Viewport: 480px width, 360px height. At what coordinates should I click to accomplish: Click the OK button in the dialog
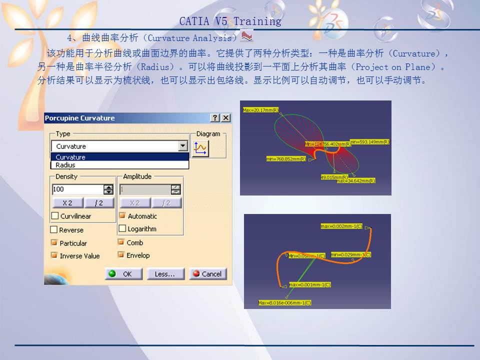(x=123, y=274)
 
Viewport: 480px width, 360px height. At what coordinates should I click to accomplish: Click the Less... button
(x=164, y=274)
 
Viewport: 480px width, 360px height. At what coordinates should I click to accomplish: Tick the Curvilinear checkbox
(x=55, y=216)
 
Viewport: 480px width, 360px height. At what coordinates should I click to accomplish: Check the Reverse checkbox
(x=54, y=230)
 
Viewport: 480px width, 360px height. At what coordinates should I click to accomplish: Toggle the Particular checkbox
(x=54, y=243)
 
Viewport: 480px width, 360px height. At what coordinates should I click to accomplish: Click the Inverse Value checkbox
(x=54, y=255)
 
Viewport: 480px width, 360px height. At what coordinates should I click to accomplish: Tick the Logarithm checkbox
(x=122, y=228)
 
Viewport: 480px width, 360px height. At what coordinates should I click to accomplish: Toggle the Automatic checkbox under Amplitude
(x=122, y=216)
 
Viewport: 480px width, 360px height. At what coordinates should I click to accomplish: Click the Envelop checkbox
(x=121, y=255)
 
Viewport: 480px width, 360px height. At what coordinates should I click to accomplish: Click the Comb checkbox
(x=121, y=242)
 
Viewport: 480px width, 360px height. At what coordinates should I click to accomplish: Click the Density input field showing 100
(x=77, y=189)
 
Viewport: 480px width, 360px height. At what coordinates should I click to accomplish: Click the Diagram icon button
(x=201, y=148)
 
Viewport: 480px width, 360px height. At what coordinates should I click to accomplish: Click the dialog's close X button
(x=226, y=118)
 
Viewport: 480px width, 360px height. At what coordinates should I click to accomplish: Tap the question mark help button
(x=215, y=118)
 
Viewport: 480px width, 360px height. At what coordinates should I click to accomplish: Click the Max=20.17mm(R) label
(x=260, y=110)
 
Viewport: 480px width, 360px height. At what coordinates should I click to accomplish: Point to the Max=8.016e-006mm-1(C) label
(x=284, y=302)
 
